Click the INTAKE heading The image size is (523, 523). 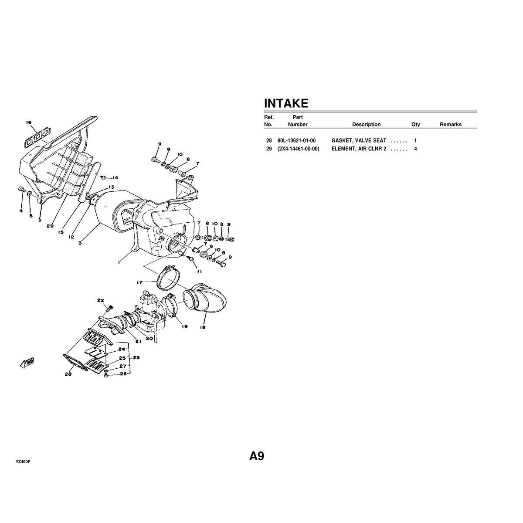[286, 103]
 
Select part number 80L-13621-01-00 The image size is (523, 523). [296, 141]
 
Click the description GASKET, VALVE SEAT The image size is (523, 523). [359, 141]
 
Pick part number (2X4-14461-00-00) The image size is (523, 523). [298, 149]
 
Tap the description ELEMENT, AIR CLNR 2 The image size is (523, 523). [359, 149]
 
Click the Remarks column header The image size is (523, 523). [451, 124]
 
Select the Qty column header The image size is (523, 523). [415, 124]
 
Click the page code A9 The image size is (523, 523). [256, 456]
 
